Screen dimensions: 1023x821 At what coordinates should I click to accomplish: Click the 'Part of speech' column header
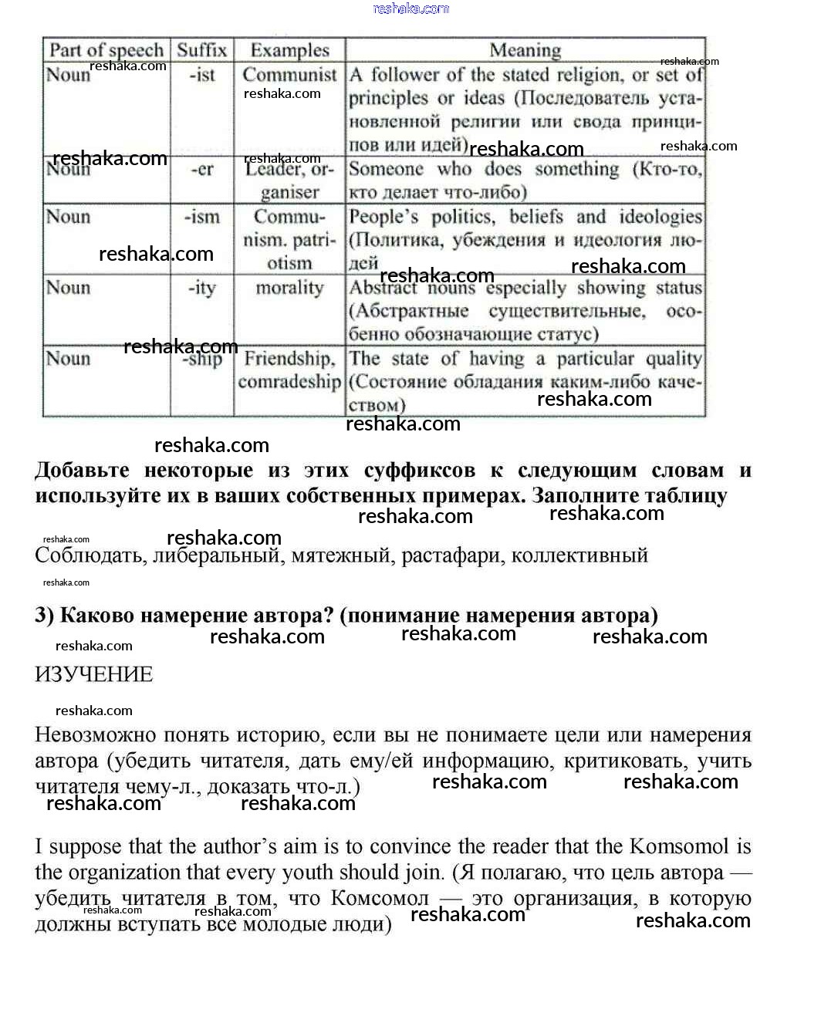pos(106,50)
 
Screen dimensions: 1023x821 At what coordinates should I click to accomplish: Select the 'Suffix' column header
pos(202,50)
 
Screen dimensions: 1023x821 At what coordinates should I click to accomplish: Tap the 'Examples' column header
pos(289,50)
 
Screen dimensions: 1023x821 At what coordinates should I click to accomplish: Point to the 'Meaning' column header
pos(525,50)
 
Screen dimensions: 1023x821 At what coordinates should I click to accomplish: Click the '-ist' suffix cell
pos(202,76)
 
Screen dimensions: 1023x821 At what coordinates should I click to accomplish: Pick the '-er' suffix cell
pos(202,169)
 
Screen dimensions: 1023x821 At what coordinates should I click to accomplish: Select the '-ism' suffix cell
pos(202,217)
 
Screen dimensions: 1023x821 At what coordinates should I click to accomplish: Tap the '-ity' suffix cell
pos(202,288)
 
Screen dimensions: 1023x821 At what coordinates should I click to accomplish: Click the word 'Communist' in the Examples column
pos(289,75)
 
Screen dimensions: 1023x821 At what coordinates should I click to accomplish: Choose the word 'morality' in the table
pos(289,288)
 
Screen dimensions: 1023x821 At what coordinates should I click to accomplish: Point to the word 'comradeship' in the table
pos(289,382)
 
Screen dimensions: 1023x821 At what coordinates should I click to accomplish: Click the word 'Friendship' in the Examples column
pos(289,359)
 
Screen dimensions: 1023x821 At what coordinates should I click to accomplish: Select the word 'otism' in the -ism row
pos(289,263)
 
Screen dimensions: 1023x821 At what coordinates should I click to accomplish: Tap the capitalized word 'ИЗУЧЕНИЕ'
pos(94,674)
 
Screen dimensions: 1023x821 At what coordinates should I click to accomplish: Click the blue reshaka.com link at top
pos(410,8)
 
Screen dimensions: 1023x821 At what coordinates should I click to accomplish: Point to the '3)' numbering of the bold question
pos(45,615)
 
